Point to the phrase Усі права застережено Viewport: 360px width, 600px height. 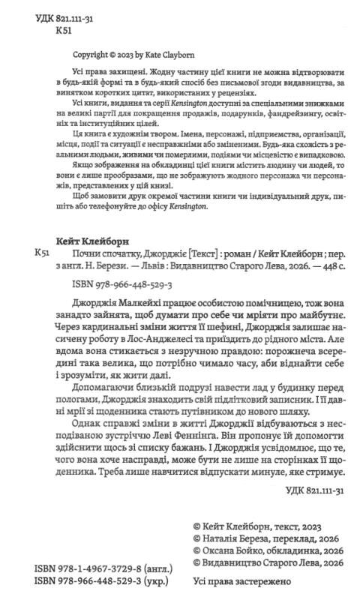pyautogui.click(x=249, y=582)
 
